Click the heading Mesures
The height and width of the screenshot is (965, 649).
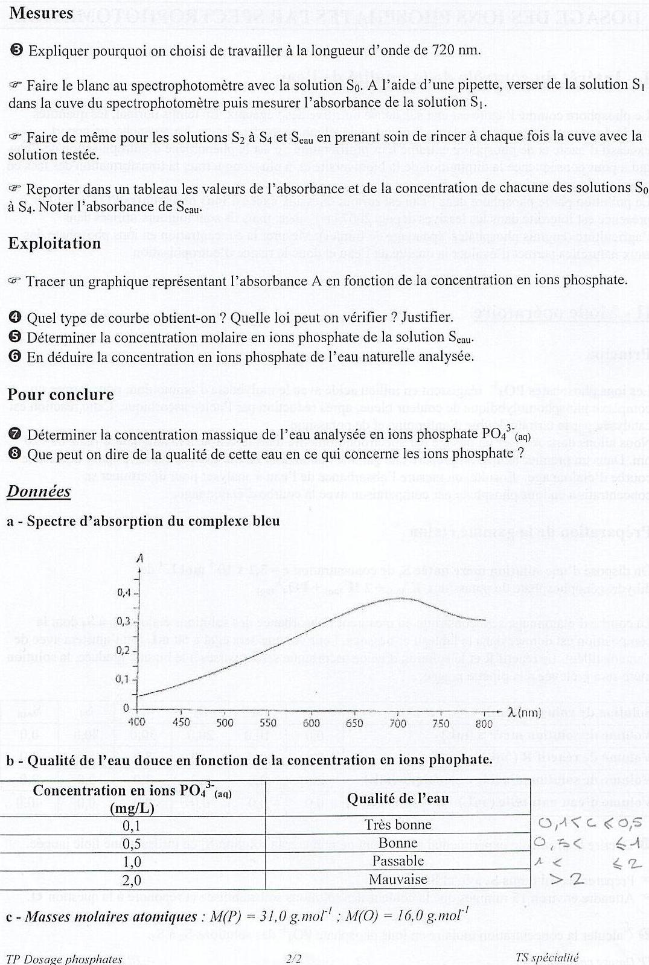coord(41,13)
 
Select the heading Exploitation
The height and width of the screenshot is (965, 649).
coord(54,243)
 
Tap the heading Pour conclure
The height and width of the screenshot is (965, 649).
coord(60,395)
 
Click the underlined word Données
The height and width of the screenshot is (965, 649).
coord(39,492)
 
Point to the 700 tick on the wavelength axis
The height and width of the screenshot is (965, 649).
coord(397,722)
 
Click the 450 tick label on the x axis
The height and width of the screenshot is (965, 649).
coord(181,722)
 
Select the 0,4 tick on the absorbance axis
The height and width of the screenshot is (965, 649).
coord(124,593)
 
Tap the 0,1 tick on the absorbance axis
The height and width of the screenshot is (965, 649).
coord(124,679)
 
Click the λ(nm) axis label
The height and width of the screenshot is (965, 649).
coord(525,713)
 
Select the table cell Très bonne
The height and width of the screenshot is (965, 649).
coord(398,825)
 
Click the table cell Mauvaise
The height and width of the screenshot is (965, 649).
coord(398,879)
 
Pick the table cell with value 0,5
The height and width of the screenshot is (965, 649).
coord(132,843)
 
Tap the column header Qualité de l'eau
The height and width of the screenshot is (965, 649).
coord(398,798)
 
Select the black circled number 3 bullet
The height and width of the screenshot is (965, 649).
coord(16,50)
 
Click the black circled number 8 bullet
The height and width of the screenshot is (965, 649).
coord(16,454)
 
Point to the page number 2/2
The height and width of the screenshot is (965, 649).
coord(295,958)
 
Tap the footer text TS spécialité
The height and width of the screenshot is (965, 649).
coord(547,957)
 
